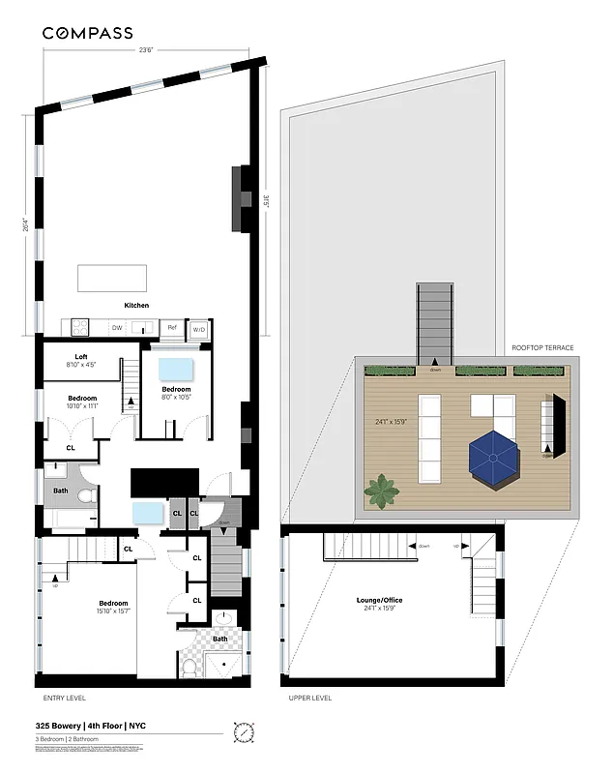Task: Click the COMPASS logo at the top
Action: pyautogui.click(x=87, y=33)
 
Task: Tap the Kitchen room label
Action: pyautogui.click(x=136, y=306)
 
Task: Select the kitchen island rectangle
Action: pyautogui.click(x=113, y=278)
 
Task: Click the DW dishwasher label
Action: pyautogui.click(x=117, y=328)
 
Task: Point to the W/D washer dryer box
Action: pyautogui.click(x=198, y=328)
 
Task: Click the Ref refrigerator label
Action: pyautogui.click(x=172, y=328)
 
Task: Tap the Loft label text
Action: pyautogui.click(x=81, y=356)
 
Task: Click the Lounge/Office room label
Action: pyautogui.click(x=379, y=600)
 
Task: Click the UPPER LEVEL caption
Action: pyautogui.click(x=310, y=698)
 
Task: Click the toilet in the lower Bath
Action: pyautogui.click(x=190, y=667)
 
